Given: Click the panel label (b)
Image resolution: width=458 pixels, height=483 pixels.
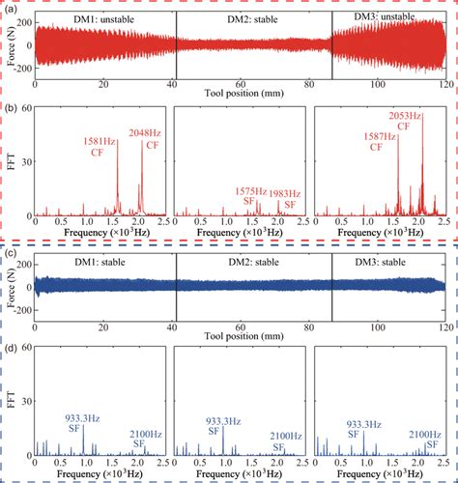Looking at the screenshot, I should pyautogui.click(x=9, y=101).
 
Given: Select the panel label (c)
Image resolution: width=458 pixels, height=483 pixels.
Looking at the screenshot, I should pyautogui.click(x=9, y=252).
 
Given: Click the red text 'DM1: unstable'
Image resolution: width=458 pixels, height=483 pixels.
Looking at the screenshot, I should pyautogui.click(x=95, y=20).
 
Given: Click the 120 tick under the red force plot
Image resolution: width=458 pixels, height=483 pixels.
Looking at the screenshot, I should pyautogui.click(x=445, y=86).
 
